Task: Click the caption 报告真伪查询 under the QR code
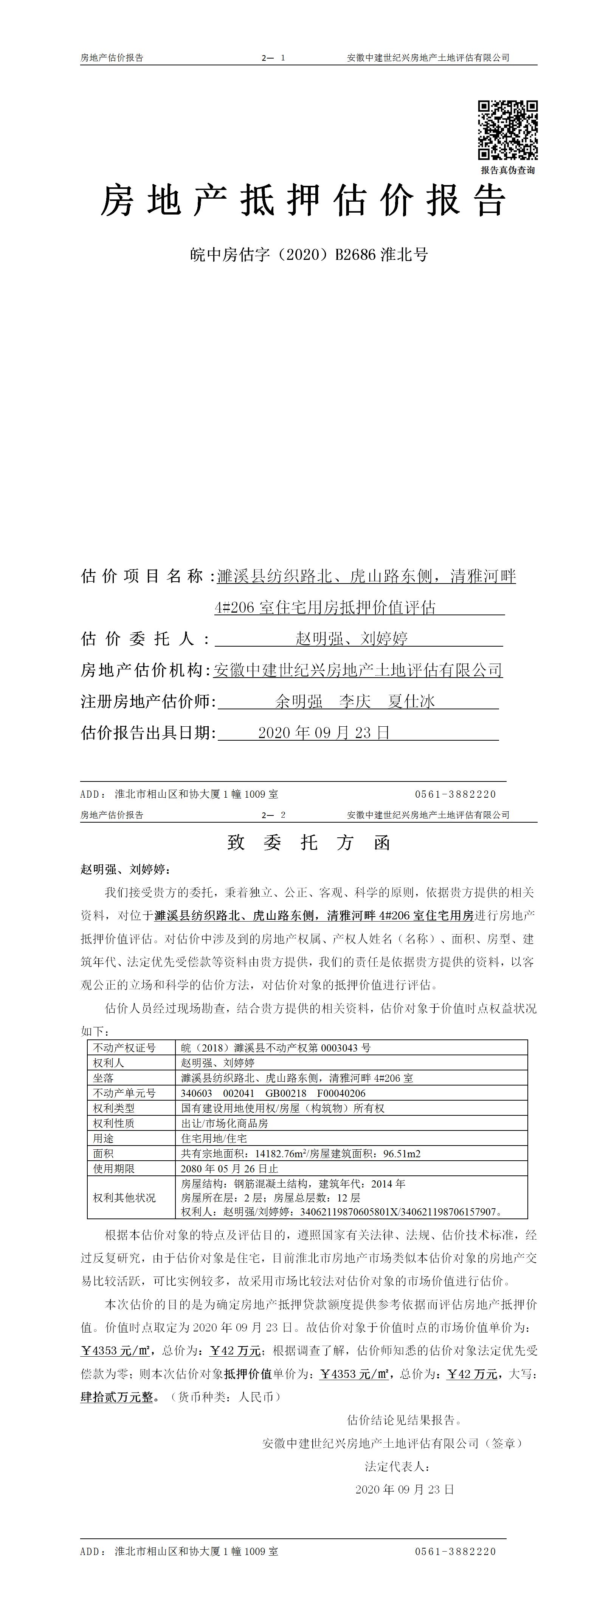click(x=507, y=170)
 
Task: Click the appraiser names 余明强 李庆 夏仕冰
click(x=355, y=701)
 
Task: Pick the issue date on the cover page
click(x=324, y=732)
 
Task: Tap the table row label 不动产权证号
click(x=124, y=1047)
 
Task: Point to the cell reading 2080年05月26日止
click(x=229, y=1168)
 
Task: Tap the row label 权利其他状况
click(x=124, y=1197)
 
